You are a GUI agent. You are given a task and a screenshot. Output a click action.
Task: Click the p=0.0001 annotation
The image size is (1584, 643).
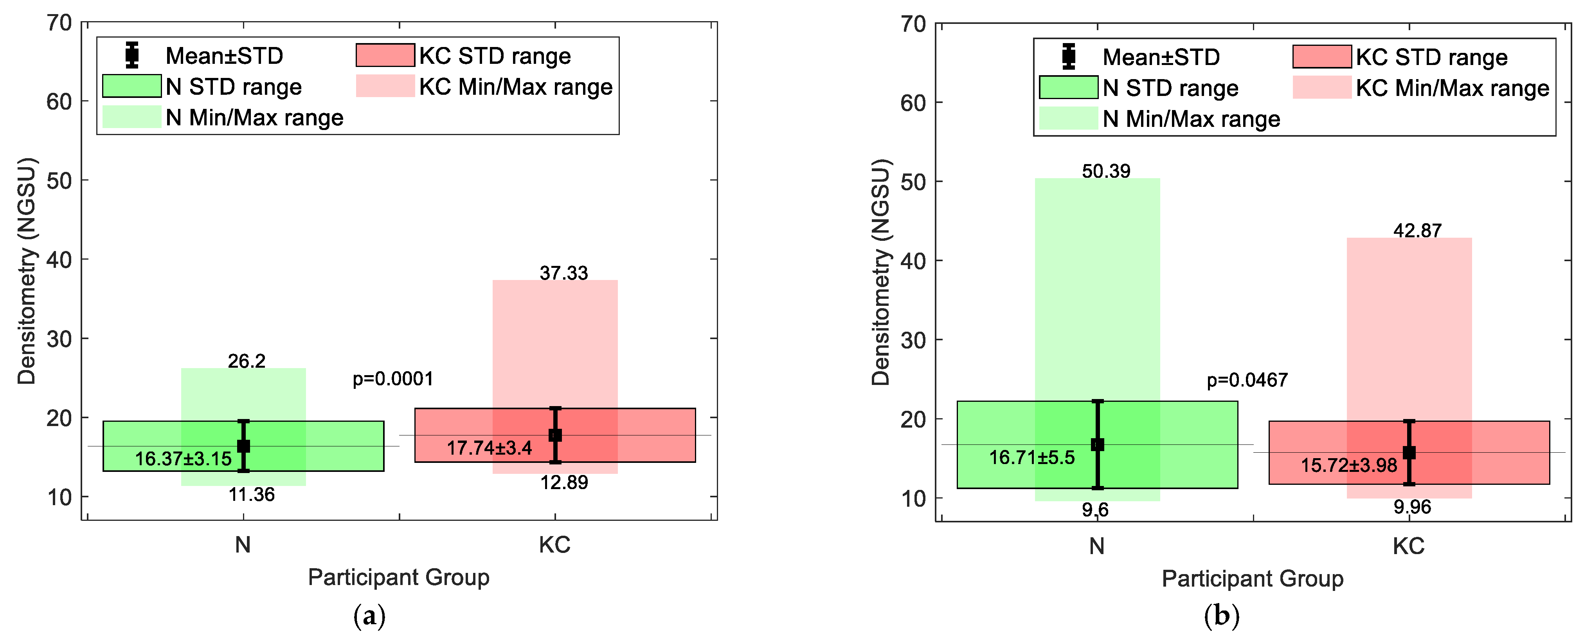393,379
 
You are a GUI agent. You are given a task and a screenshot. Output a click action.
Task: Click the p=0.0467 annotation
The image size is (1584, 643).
1247,380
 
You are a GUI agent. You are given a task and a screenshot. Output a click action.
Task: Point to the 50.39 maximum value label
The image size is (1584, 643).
1106,171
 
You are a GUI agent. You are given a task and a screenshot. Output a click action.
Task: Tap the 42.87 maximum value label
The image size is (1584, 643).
1417,231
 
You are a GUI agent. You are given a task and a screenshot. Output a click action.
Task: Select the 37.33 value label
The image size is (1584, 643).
564,273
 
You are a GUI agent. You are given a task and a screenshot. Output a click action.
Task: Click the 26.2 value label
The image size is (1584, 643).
247,361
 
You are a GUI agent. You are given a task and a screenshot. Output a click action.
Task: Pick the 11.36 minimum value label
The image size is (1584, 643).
252,495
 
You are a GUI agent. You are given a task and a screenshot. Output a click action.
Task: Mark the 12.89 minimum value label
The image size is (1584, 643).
564,482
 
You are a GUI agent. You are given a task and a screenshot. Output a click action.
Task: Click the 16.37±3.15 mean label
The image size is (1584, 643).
183,459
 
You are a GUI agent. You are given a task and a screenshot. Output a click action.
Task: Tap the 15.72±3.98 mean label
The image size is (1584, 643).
1349,465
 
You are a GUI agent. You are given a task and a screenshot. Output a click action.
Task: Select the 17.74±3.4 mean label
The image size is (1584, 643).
490,448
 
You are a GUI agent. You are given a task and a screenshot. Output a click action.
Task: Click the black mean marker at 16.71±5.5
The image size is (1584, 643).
1098,444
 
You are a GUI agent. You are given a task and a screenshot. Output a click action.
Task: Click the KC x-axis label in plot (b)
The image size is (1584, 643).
1409,546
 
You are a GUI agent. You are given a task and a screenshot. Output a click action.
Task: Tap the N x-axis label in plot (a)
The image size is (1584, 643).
243,545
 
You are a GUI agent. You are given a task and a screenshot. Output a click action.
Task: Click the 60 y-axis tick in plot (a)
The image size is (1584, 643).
59,102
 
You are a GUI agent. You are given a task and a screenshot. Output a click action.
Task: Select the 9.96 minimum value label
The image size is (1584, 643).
1413,507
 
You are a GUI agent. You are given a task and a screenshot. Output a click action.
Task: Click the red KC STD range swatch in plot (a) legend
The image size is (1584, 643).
385,55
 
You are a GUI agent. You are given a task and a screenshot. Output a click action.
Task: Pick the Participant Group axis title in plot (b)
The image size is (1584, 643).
1253,579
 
